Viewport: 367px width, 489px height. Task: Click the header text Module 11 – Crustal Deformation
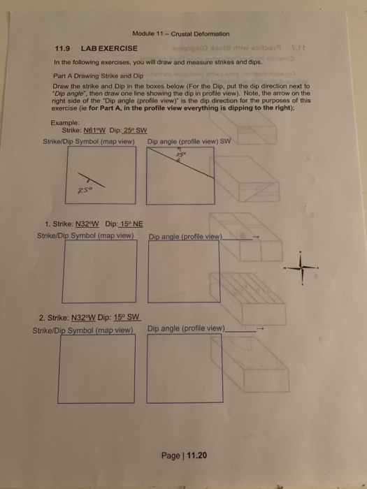(x=181, y=34)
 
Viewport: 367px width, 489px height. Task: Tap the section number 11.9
(x=63, y=48)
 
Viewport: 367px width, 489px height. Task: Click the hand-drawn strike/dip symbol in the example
(x=90, y=180)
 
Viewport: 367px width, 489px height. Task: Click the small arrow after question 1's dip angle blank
(x=256, y=236)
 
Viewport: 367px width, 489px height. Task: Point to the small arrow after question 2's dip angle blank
(x=260, y=328)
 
